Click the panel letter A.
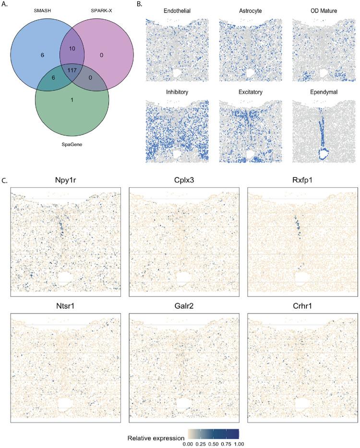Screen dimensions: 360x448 (5, 4)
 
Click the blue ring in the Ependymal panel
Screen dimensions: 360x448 (324, 154)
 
